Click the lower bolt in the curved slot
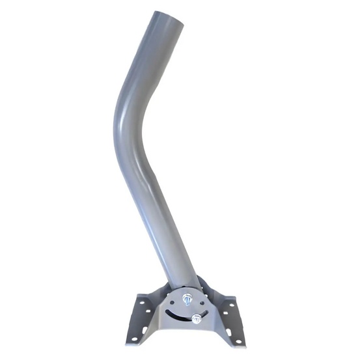pos(197,318)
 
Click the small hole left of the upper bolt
pos(172,302)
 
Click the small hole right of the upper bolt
pos(202,303)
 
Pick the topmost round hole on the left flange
pos(142,302)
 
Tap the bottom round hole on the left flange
pos(134,339)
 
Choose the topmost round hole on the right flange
pos(232,305)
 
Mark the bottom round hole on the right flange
pos(239,341)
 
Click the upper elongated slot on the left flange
pos(148,311)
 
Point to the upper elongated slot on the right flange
pos(226,313)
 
